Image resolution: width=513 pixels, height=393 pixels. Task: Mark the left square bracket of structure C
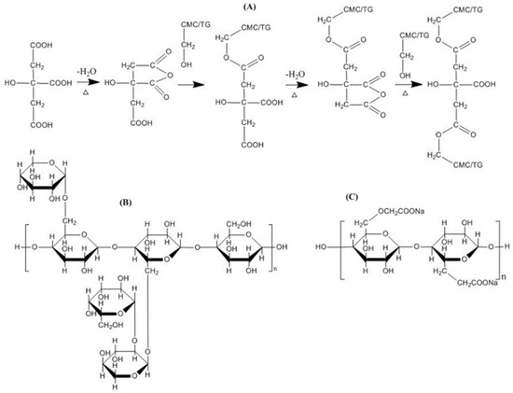[x=338, y=252]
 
